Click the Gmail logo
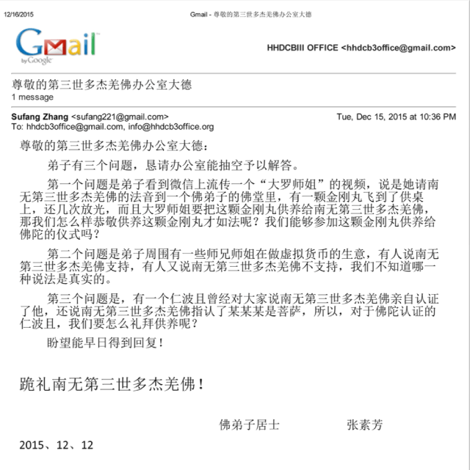(x=57, y=46)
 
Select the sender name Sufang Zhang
(x=37, y=117)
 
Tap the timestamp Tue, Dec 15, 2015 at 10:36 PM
(x=396, y=117)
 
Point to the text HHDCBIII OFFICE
(x=303, y=48)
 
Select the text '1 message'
(x=32, y=97)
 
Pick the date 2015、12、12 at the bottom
(x=57, y=445)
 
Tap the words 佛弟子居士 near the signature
(x=249, y=425)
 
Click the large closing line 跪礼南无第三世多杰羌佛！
(x=112, y=383)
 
